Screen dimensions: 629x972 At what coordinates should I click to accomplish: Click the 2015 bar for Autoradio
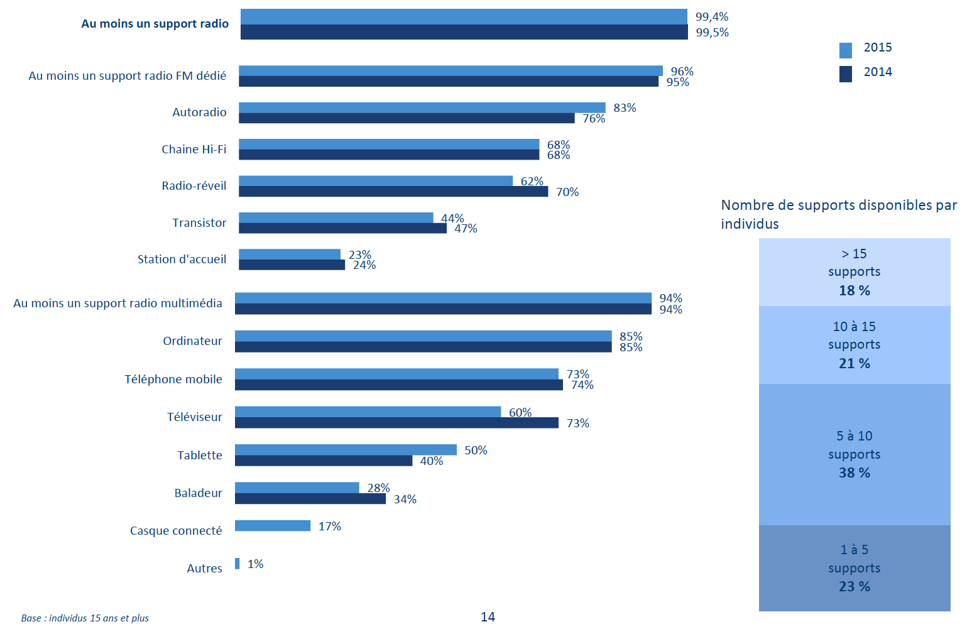(422, 107)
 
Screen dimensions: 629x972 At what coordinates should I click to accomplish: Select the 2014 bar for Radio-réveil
(393, 192)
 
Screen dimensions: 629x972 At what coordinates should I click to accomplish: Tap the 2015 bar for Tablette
(346, 450)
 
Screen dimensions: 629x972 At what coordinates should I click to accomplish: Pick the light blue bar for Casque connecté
(273, 526)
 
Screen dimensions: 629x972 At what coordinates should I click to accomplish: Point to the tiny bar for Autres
(238, 564)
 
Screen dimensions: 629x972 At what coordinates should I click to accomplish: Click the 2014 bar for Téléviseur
(396, 423)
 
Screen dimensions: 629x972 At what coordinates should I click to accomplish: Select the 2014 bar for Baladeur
(310, 499)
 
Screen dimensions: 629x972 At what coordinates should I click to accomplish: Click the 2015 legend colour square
(846, 50)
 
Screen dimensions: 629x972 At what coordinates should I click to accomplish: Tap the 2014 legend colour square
(846, 74)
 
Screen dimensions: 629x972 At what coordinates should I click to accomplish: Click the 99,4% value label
(712, 17)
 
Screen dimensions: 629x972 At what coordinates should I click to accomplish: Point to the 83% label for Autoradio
(625, 108)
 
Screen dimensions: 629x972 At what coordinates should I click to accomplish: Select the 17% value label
(330, 527)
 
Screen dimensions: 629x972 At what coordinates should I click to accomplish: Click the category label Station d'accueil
(182, 260)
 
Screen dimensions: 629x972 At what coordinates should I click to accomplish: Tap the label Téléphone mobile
(173, 380)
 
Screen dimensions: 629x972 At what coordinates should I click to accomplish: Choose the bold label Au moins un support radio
(155, 24)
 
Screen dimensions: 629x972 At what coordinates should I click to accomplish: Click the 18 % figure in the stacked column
(855, 291)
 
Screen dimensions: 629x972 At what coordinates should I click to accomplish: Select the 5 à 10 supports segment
(855, 454)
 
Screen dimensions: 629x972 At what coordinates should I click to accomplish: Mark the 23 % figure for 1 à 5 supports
(855, 587)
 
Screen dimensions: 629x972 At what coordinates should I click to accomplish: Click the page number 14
(488, 617)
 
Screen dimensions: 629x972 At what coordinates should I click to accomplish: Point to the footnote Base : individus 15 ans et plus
(85, 618)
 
